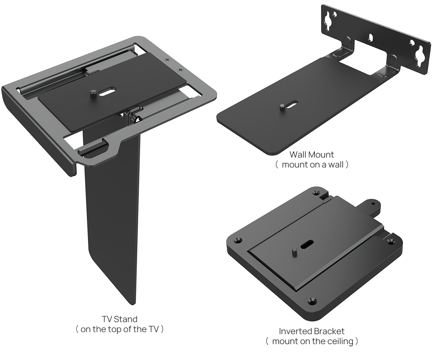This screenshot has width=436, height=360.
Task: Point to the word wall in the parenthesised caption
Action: (336, 165)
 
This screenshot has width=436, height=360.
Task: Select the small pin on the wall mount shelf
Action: (282, 107)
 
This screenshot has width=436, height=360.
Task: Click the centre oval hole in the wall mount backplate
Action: (371, 37)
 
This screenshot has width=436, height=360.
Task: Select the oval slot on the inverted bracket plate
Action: (307, 244)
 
